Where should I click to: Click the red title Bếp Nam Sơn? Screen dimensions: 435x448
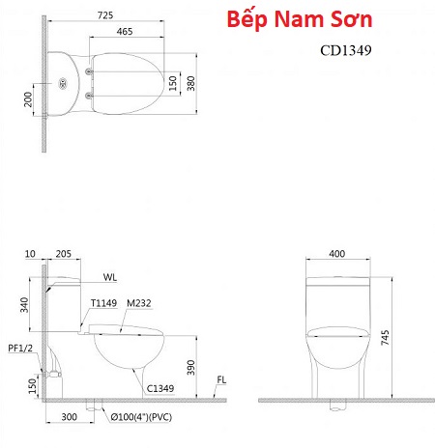click(300, 19)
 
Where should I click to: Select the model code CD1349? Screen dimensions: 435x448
click(346, 50)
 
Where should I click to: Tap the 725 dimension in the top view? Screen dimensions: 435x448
click(105, 15)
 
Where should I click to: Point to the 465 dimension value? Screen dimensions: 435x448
click(125, 31)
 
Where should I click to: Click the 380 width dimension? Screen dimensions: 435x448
click(191, 83)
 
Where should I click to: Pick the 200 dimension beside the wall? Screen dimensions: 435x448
click(28, 99)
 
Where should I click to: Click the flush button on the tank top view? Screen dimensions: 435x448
click(63, 84)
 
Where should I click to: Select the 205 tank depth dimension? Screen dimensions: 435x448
click(64, 254)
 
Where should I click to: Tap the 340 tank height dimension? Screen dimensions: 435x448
click(24, 305)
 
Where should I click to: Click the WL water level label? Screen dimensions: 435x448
click(110, 277)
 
